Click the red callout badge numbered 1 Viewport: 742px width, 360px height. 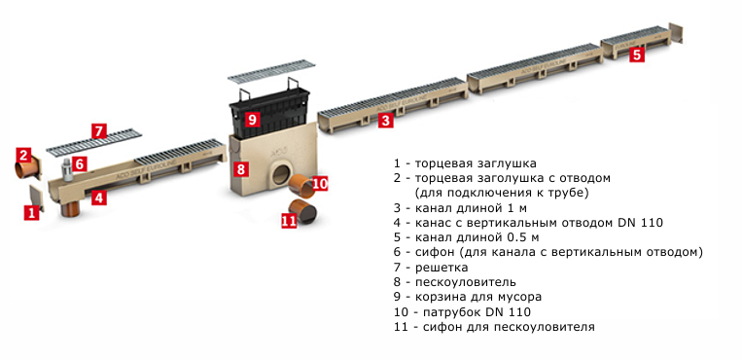[x=32, y=213]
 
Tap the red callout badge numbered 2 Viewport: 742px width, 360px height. [x=23, y=155]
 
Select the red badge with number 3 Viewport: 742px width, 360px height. [x=386, y=121]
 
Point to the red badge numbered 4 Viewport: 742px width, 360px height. [x=98, y=198]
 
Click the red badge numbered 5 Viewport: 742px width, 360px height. [x=636, y=54]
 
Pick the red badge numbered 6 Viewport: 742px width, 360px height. [x=80, y=163]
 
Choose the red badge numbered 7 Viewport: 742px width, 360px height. [x=99, y=130]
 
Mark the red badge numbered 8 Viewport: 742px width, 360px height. [x=241, y=169]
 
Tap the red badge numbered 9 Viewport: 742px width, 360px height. [x=252, y=119]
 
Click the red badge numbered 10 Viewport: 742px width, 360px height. [x=320, y=183]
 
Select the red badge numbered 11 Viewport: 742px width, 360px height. [x=289, y=220]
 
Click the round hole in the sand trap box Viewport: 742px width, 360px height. [x=282, y=173]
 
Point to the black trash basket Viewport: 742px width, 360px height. [x=269, y=112]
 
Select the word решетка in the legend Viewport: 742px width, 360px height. [x=442, y=268]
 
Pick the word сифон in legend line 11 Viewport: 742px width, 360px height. [x=437, y=327]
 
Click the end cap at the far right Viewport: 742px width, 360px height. [x=677, y=33]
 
